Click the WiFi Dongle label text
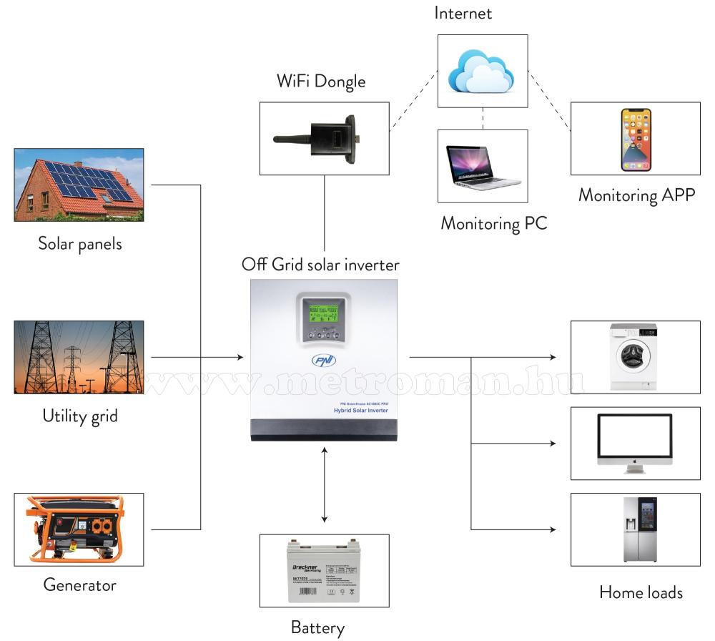321,81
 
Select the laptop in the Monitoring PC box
481,166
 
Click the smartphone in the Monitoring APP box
636,140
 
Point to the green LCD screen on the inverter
324,310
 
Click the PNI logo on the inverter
323,361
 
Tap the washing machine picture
633,356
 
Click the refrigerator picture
638,529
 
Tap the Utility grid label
79,416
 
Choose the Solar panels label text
79,244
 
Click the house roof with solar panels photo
79,184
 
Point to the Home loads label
641,592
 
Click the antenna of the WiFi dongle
291,137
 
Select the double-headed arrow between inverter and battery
325,484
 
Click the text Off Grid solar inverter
320,265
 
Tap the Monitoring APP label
636,195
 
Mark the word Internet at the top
463,13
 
